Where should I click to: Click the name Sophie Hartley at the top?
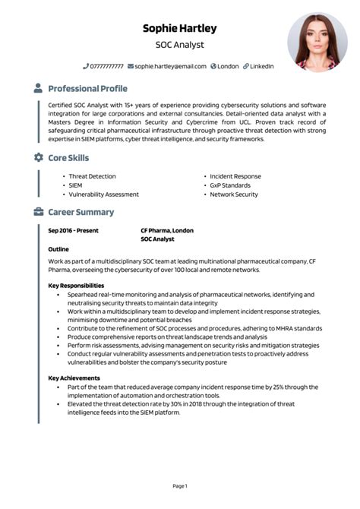pos(180,28)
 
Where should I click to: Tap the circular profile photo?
pos(317,43)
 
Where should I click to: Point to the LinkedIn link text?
pos(262,67)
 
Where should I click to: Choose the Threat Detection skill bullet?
pos(92,176)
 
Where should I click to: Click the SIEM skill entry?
pos(75,185)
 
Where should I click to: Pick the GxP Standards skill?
pos(230,185)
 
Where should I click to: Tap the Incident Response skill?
pos(235,176)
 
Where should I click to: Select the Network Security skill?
pos(234,194)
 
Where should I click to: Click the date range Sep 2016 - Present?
pos(73,230)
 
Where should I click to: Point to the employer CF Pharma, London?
pos(167,230)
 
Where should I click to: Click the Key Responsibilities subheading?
pos(76,286)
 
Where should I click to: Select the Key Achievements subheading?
pos(74,378)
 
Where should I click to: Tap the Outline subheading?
pos(58,249)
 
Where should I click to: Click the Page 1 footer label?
pos(180,485)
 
